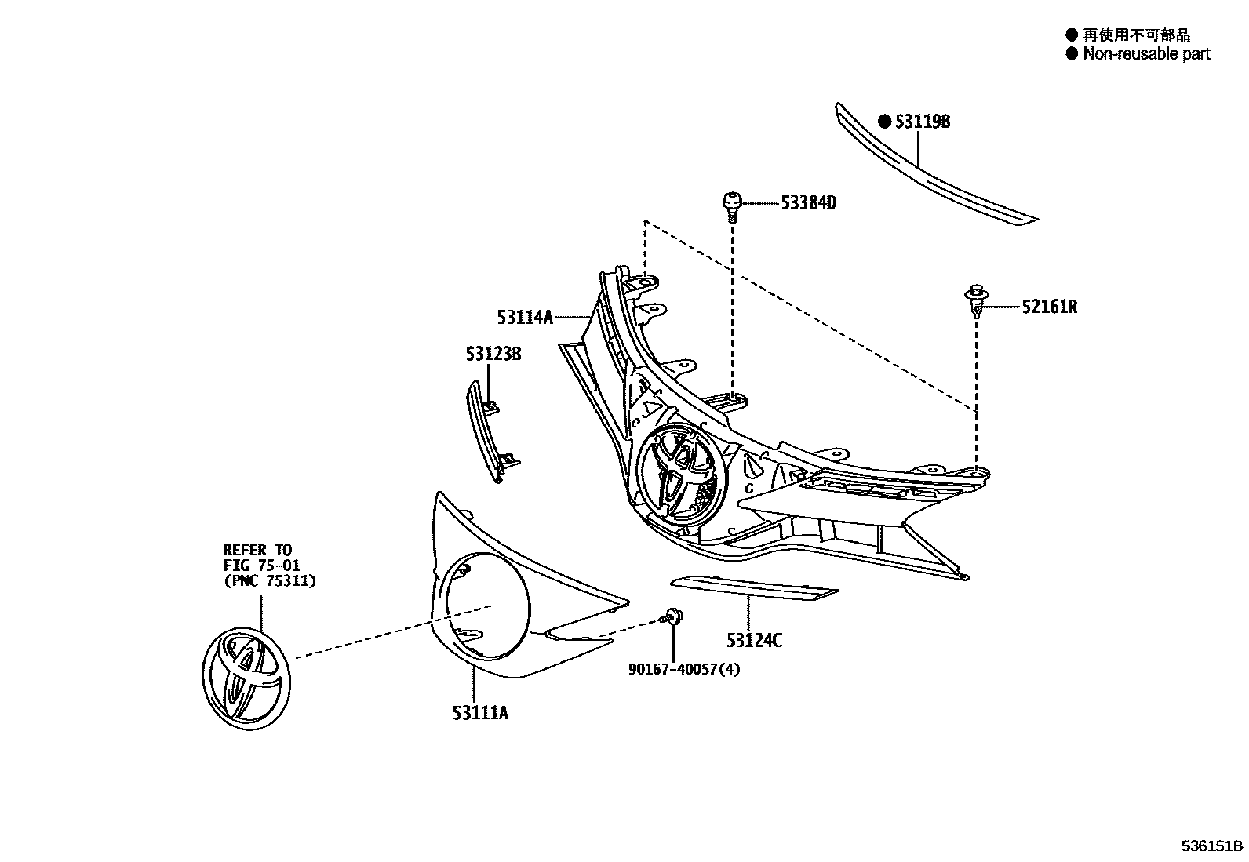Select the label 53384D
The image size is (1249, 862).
point(808,203)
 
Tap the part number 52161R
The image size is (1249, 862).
point(1049,307)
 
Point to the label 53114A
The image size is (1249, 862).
point(525,317)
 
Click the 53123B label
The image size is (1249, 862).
point(493,354)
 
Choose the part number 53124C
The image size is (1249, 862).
point(754,641)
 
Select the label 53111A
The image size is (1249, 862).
point(480,713)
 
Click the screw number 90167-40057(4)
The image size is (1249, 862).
point(684,669)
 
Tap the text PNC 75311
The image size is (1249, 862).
point(270,581)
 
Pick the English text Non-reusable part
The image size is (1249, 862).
point(1146,54)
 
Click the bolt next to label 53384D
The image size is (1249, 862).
point(731,205)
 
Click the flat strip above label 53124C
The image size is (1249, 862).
point(754,587)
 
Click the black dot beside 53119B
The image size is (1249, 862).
point(884,122)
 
